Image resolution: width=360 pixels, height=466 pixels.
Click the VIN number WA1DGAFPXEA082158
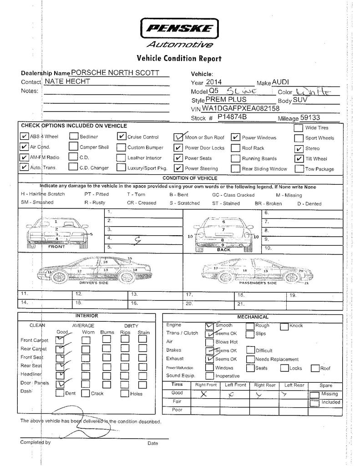point(241,109)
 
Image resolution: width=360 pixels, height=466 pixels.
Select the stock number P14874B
point(232,117)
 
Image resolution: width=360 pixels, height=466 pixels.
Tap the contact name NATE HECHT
point(67,81)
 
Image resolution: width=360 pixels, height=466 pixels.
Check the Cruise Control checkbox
point(121,136)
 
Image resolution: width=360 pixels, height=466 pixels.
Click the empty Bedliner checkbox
point(73,136)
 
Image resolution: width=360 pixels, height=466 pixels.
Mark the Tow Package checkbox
point(299,169)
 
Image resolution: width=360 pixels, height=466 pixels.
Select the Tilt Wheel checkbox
point(299,158)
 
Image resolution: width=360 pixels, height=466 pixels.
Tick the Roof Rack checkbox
point(235,147)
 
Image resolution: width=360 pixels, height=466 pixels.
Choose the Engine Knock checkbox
point(284,326)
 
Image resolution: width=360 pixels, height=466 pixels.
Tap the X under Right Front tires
point(203,394)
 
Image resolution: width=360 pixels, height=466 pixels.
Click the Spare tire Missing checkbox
point(314,395)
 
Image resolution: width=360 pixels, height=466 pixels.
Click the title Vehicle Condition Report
point(179,58)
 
